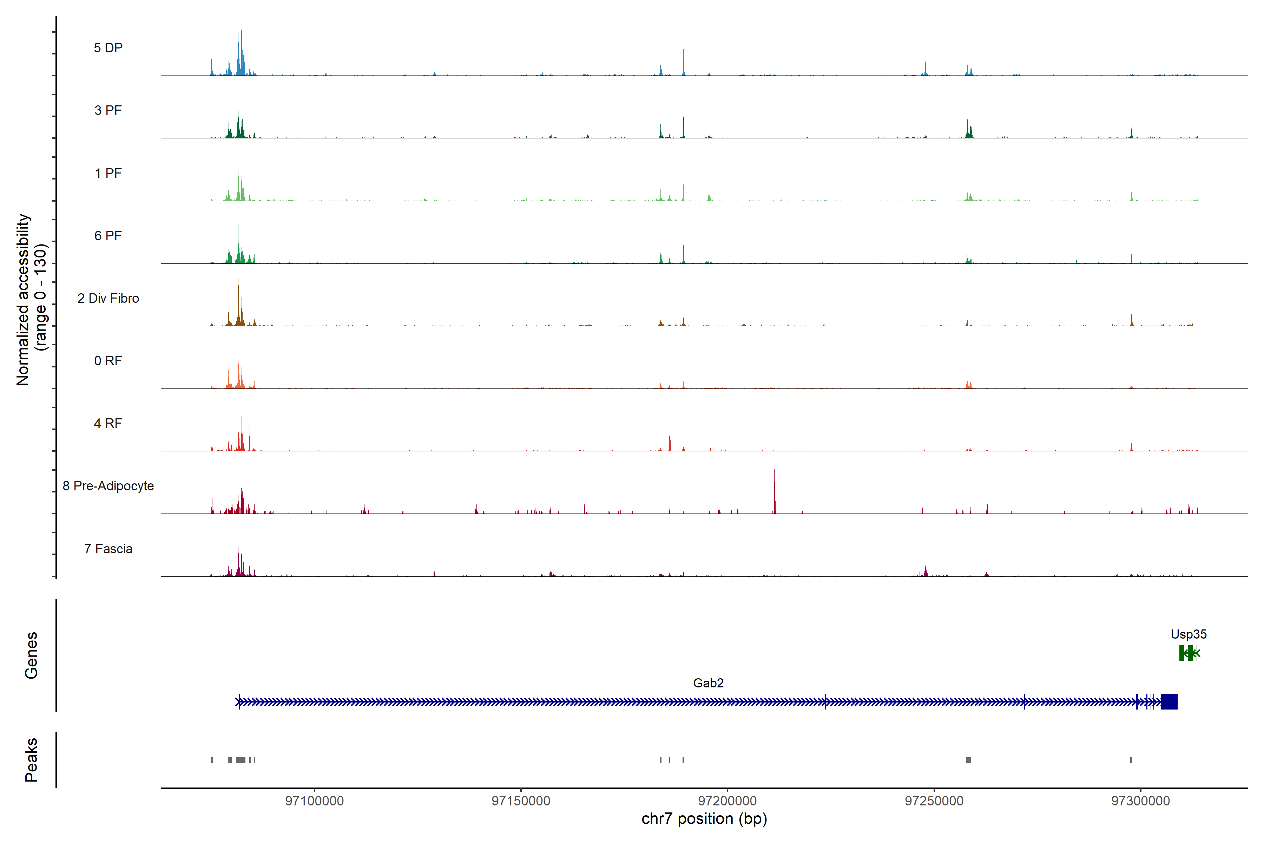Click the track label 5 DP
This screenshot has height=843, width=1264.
point(108,48)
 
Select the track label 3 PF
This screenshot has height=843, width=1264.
point(108,110)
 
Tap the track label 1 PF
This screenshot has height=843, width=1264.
point(108,173)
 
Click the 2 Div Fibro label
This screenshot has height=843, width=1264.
point(108,298)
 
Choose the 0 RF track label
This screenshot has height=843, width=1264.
point(108,361)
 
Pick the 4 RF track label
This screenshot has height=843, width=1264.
point(108,423)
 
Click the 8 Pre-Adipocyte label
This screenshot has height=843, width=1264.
point(108,486)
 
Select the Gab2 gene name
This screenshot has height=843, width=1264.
point(708,683)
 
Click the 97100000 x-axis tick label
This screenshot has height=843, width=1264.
point(314,801)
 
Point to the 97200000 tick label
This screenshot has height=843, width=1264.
point(727,801)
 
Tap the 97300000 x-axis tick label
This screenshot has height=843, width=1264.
point(1140,801)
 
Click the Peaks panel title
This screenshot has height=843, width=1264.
point(31,760)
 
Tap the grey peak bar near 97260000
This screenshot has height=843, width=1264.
point(968,760)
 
